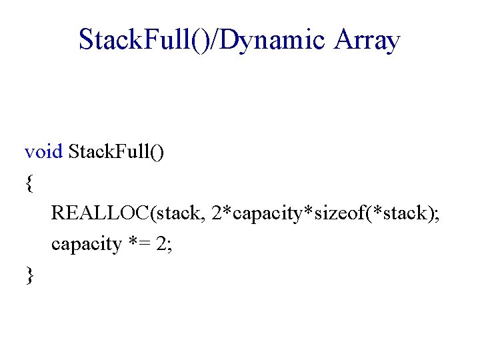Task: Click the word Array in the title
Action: click(368, 40)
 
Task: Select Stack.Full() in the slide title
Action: click(140, 40)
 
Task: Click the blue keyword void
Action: click(44, 151)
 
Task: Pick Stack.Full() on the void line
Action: click(117, 151)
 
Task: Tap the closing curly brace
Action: click(29, 275)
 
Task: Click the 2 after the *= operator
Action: click(160, 244)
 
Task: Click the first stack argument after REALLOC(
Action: click(177, 213)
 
